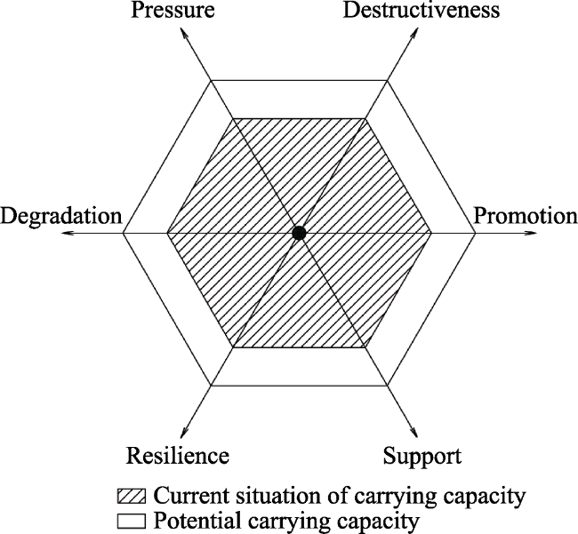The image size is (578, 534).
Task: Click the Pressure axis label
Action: [x=173, y=10]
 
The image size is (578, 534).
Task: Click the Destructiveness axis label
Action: [x=421, y=10]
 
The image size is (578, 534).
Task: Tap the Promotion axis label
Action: [x=526, y=216]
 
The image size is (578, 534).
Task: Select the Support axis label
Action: [x=422, y=456]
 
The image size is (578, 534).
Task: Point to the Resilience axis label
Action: [x=178, y=456]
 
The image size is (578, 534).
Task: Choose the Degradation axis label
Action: [x=61, y=216]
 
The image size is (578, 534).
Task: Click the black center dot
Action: [x=299, y=233]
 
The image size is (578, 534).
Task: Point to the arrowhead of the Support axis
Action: [x=413, y=433]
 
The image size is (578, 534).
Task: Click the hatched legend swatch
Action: [x=132, y=496]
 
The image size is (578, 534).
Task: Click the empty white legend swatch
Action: [x=132, y=521]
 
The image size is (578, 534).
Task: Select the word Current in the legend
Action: [x=181, y=496]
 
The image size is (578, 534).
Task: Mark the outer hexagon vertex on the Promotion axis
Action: [x=475, y=233]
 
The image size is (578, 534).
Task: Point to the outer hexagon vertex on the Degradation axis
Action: [x=123, y=233]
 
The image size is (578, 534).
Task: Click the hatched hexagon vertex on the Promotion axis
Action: [x=431, y=233]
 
